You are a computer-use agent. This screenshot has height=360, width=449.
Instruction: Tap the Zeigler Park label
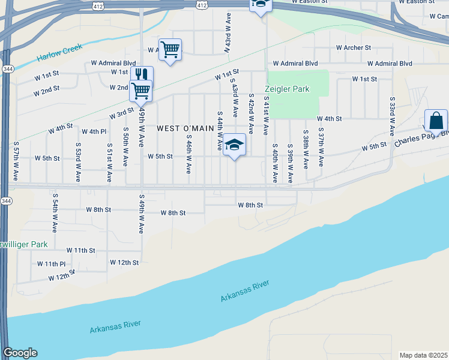coord(288,89)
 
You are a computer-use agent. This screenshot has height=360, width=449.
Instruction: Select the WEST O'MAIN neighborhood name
coord(185,128)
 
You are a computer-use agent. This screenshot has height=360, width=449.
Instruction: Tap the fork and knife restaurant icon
coord(142,74)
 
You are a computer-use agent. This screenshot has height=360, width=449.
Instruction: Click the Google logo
coord(20,353)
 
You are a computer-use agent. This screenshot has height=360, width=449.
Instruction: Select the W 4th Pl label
coord(94,131)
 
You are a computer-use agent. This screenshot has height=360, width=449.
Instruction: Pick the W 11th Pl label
coord(51,264)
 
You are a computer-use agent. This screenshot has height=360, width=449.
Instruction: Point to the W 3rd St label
coord(121,113)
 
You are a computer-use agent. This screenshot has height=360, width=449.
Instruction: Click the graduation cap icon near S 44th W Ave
coord(234,144)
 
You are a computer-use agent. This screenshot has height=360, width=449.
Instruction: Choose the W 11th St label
coord(81,250)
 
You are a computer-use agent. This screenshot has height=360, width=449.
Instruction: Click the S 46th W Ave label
coord(188,155)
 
